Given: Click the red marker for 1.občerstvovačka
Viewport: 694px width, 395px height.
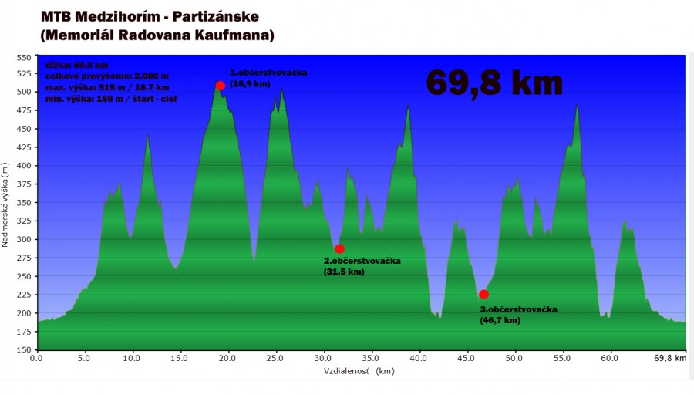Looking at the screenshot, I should [221, 86].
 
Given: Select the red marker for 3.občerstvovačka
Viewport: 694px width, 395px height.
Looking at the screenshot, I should [483, 294].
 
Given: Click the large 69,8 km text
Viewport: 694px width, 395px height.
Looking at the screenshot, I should [494, 82].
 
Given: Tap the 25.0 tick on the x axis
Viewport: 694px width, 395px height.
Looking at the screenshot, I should [275, 358].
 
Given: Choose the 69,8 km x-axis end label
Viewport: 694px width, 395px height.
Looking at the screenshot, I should [669, 358].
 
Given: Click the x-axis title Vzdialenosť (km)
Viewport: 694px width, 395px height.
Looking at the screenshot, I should [359, 371].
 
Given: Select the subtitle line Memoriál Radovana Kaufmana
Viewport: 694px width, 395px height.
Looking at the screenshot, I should [157, 35].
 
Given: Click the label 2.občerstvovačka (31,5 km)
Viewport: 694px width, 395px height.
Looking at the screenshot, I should [362, 265].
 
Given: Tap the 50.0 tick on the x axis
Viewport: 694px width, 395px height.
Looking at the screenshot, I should [515, 358].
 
